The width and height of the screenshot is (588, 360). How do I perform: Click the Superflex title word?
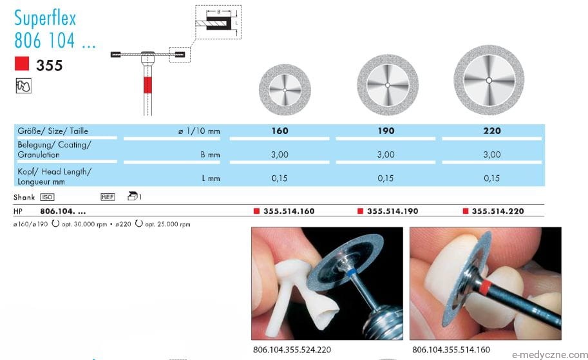(45, 19)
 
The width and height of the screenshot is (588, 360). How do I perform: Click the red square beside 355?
(22, 64)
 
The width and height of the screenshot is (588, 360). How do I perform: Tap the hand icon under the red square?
(23, 86)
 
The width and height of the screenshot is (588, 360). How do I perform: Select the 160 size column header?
(280, 131)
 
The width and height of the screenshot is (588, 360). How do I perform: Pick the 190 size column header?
(386, 131)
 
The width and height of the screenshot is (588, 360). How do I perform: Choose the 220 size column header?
(492, 131)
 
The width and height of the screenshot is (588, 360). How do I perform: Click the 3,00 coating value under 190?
(386, 155)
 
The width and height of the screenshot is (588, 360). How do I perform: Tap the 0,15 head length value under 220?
(491, 178)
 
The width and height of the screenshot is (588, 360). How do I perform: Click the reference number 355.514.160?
(289, 211)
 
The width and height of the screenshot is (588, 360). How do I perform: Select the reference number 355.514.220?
(498, 211)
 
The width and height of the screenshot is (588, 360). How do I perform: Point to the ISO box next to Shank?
(47, 197)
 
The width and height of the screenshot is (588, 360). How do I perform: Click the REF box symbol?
(108, 197)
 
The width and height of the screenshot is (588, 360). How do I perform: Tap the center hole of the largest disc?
(489, 81)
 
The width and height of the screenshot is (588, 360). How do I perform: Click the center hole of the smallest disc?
(285, 90)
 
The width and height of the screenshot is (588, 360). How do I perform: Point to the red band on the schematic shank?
(147, 85)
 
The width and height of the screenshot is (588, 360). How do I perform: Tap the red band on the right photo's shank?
(485, 287)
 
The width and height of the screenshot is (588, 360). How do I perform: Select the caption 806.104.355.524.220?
(292, 350)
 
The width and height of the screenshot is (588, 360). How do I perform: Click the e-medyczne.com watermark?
(550, 355)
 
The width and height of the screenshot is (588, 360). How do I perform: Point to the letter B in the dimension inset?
(218, 12)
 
